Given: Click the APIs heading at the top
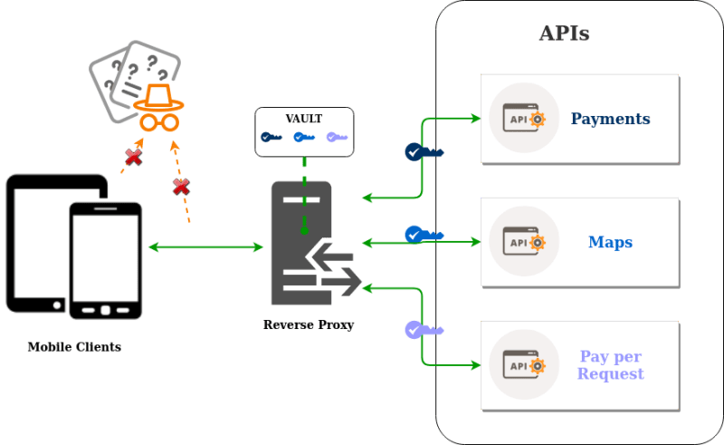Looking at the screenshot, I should point(565,34).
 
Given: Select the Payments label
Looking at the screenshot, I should point(610,119).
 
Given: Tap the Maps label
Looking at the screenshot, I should point(610,242).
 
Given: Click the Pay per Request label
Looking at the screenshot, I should point(610,365).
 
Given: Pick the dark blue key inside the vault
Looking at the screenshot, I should point(271,138).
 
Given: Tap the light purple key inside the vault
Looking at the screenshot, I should point(336,138).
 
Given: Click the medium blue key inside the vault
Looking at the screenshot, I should point(303,138).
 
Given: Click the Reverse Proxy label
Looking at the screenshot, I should point(309,324).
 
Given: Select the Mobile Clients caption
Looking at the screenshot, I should point(74,347).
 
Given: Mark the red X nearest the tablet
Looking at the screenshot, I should point(133,158).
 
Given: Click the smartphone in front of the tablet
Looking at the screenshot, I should point(106,260).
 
